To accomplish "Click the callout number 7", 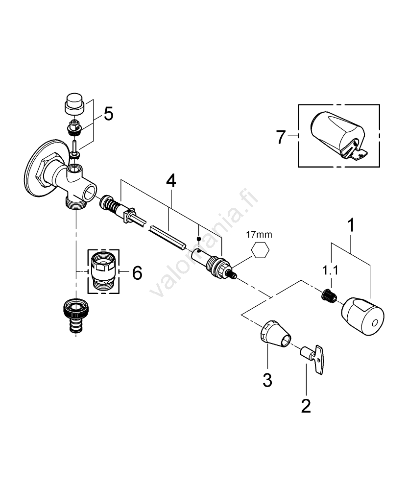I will [x=281, y=138].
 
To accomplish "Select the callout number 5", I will [x=108, y=115].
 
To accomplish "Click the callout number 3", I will [x=267, y=379].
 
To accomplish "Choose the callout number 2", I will [x=306, y=406].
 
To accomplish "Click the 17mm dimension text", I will [x=260, y=234].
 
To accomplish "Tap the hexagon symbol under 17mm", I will [x=260, y=251].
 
